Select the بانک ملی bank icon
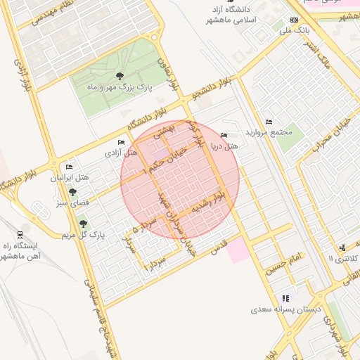coord(294,20)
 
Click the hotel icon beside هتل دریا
coord(224,135)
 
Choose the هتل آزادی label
coord(122,152)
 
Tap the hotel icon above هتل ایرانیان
coord(68,167)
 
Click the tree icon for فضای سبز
coord(72,192)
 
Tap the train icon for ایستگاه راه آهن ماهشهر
coord(20,236)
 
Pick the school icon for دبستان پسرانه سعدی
coord(285,299)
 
